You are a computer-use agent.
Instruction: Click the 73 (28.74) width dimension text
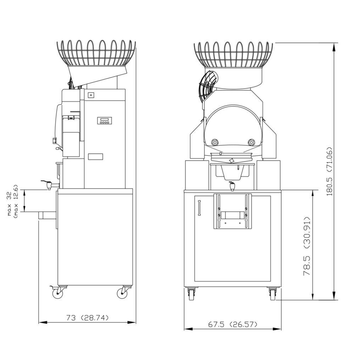coord(87,318)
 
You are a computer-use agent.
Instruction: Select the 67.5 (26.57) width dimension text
coord(233,324)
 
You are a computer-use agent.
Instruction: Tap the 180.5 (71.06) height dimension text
coord(330,171)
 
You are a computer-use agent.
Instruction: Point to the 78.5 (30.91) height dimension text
coord(307,246)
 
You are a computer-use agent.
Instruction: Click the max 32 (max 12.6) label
coord(12,200)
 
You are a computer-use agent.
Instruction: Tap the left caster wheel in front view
coord(191,294)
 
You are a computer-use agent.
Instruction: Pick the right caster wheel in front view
coord(273,294)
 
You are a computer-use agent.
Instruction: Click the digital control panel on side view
coord(105,121)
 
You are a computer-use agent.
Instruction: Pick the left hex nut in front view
coord(214,142)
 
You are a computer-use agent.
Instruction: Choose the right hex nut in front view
coord(251,142)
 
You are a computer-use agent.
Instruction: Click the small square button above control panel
coord(91,95)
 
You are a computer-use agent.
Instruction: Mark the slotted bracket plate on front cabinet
coord(233,211)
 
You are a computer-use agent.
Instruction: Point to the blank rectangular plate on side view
coord(95,156)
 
